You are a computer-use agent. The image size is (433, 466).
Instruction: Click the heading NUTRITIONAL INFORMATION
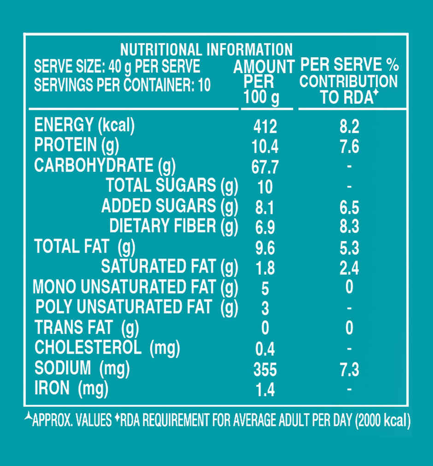[206, 49]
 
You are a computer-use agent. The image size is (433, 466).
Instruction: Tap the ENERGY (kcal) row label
[84, 125]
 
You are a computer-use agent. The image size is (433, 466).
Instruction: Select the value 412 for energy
[265, 126]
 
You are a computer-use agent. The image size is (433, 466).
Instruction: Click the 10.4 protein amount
[265, 147]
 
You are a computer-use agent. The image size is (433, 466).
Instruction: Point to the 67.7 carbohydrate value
[265, 167]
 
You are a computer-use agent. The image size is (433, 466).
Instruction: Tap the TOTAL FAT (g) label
[85, 247]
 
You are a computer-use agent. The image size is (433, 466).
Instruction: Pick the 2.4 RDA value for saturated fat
[349, 268]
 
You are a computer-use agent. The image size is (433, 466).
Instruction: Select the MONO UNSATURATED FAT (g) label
[135, 287]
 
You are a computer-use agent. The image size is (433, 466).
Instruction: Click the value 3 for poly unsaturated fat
[265, 308]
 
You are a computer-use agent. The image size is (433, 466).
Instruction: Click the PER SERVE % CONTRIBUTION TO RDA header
[349, 81]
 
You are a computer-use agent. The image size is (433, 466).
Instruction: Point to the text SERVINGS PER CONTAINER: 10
[122, 85]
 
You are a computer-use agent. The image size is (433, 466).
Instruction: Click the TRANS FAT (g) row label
[87, 328]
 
